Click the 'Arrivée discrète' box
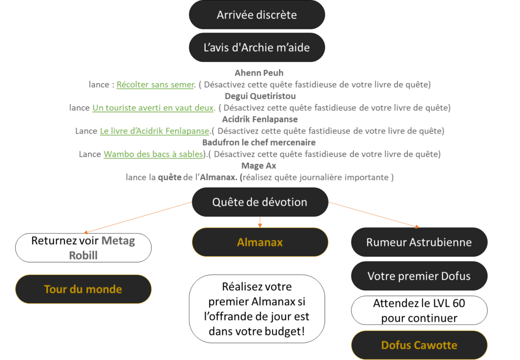point(256,15)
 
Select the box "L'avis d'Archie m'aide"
point(256,48)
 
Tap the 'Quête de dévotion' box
point(259,202)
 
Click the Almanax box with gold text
point(259,242)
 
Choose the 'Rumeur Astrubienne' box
point(419,242)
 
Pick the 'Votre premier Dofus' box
point(419,276)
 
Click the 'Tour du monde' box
point(83,289)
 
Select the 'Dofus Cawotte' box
point(419,345)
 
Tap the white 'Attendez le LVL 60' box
point(419,311)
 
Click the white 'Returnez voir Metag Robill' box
point(83,247)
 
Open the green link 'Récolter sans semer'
point(155,85)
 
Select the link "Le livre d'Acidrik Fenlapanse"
point(155,131)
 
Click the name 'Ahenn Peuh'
point(259,73)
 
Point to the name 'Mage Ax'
point(259,166)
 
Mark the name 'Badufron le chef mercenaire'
point(259,143)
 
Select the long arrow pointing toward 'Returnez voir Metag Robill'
point(137,217)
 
